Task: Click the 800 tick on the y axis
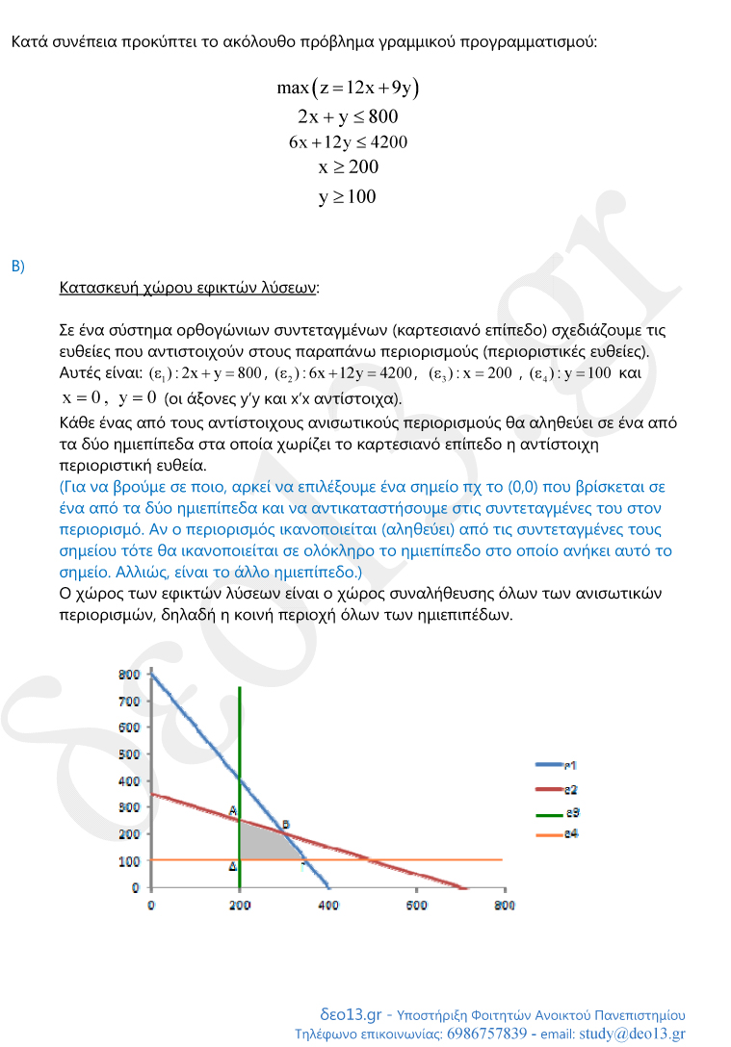point(127,675)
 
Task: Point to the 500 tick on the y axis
point(127,754)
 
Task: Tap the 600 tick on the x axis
point(415,906)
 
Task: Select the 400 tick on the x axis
point(327,906)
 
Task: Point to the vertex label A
point(232,811)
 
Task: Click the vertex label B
point(285,825)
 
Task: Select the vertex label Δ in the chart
point(232,867)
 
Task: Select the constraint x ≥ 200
point(348,167)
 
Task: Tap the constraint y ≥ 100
point(348,197)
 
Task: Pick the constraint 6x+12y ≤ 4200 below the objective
point(348,142)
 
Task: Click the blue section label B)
point(17,266)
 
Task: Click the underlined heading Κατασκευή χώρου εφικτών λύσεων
point(189,288)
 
